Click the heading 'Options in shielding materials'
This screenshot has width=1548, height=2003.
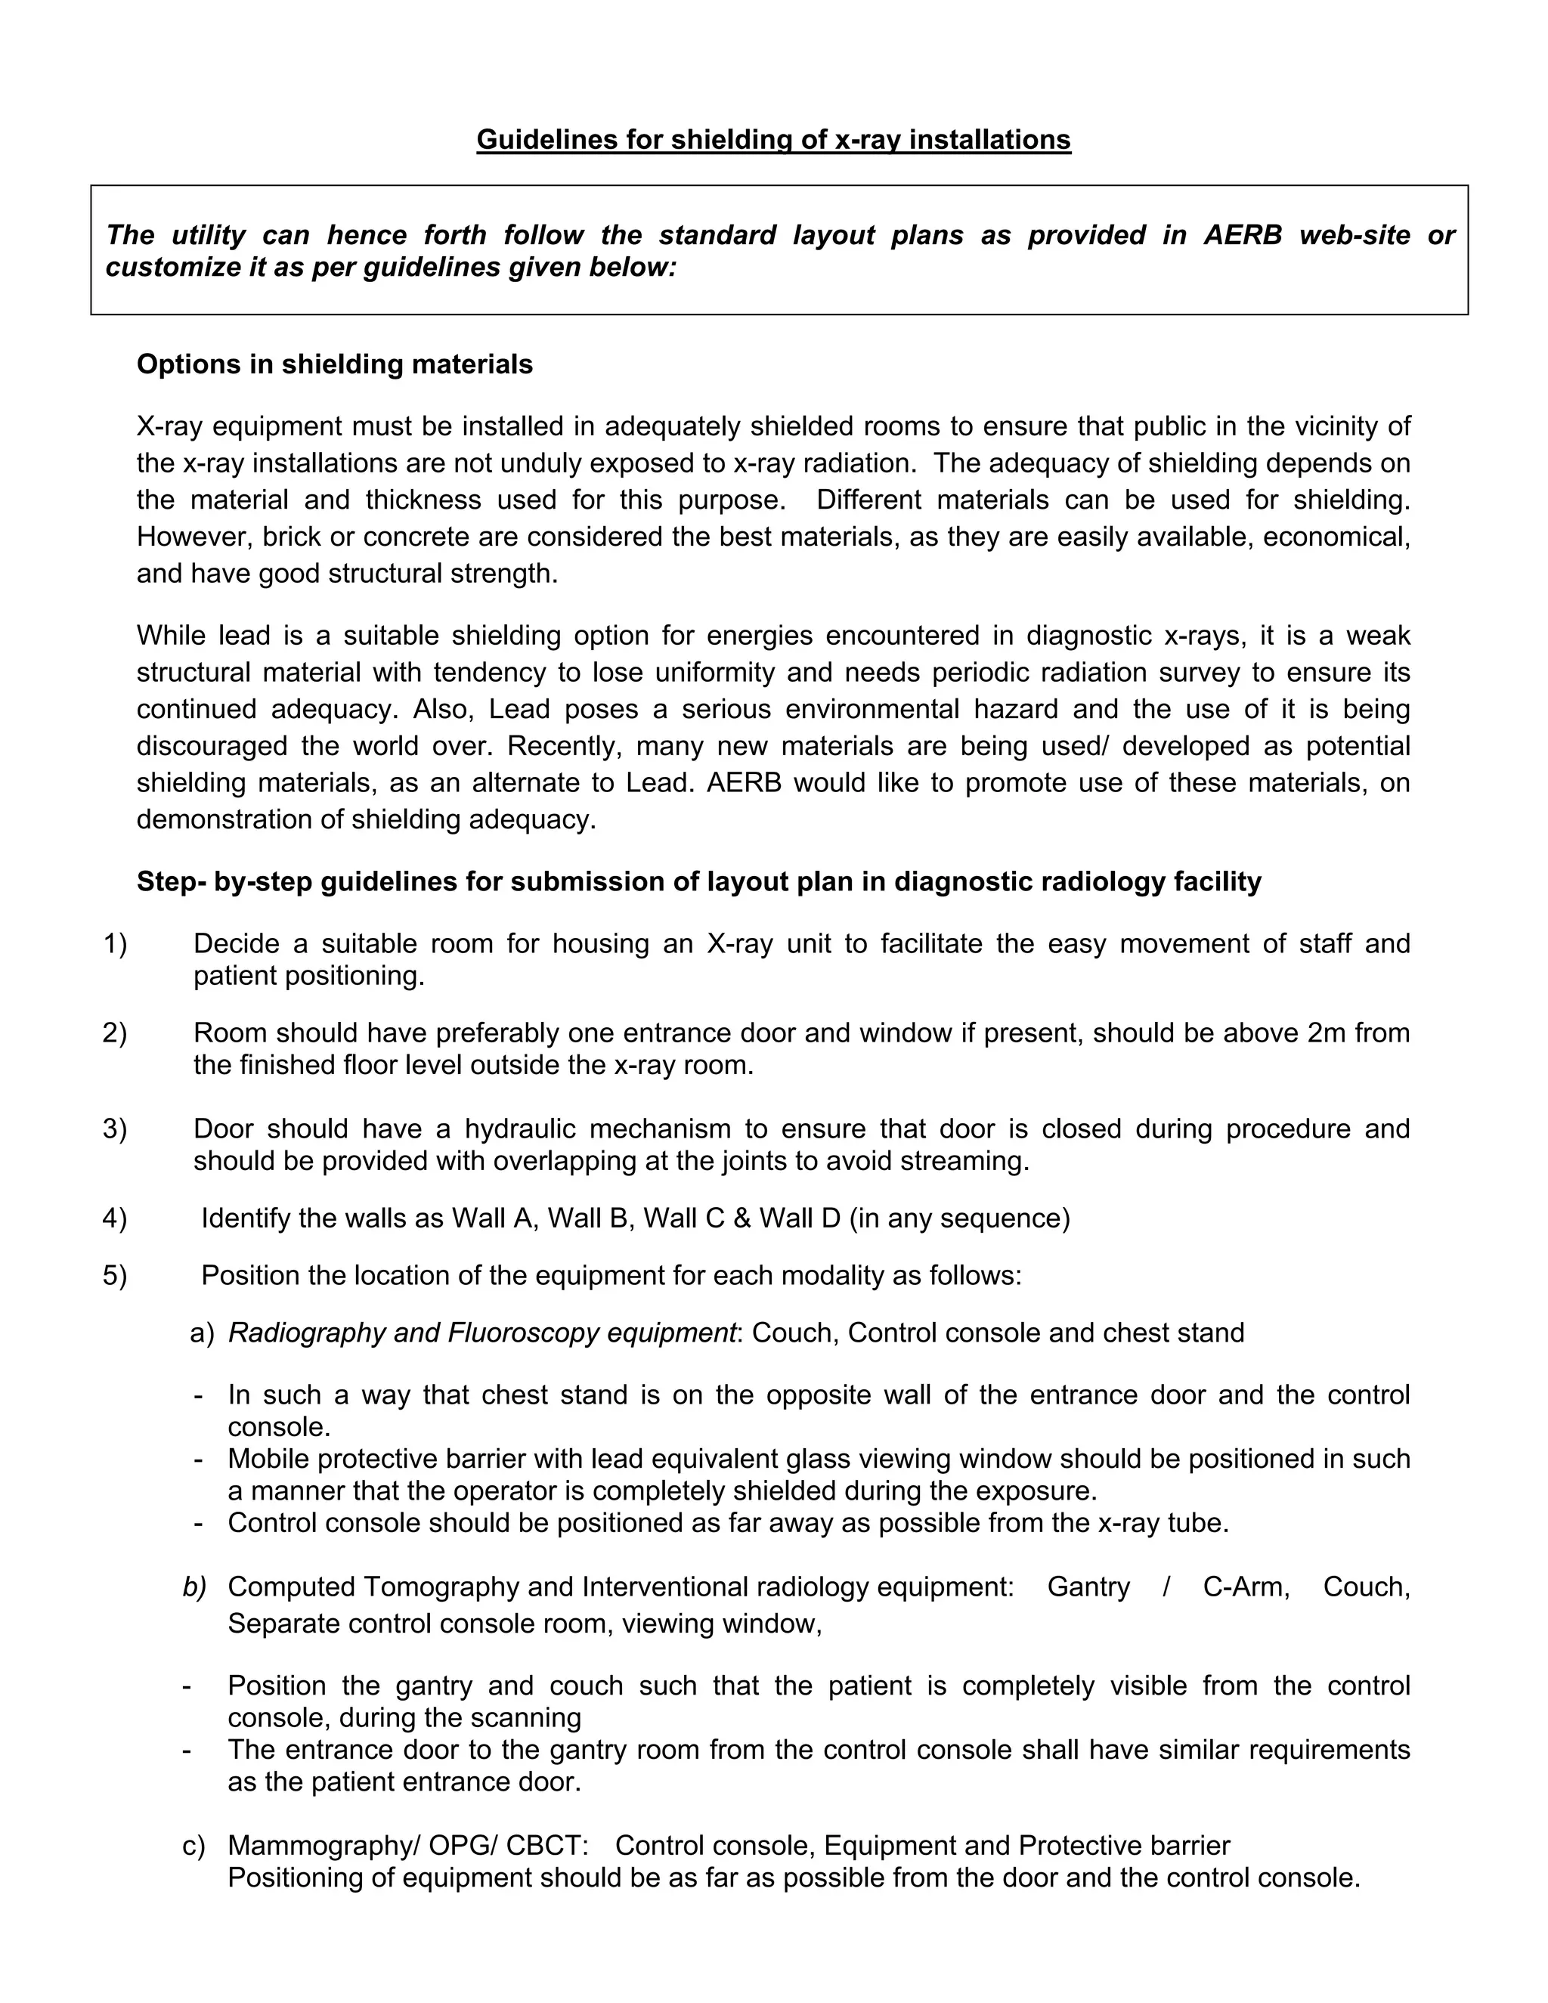pyautogui.click(x=335, y=364)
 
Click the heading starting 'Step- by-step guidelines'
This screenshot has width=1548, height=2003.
pyautogui.click(x=699, y=881)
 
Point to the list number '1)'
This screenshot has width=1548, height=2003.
pyautogui.click(x=115, y=944)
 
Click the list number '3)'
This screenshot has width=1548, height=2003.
pyautogui.click(x=115, y=1129)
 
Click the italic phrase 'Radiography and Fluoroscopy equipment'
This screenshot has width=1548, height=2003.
pyautogui.click(x=481, y=1333)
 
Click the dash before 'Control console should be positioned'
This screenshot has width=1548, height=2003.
pyautogui.click(x=198, y=1523)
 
